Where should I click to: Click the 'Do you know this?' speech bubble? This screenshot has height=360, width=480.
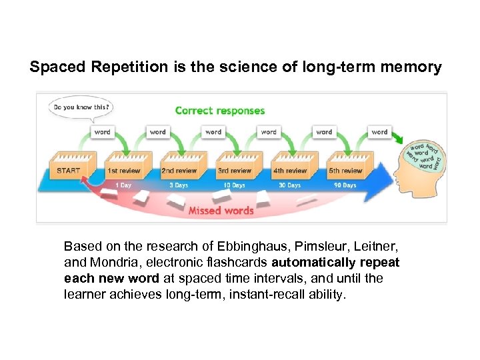pyautogui.click(x=80, y=107)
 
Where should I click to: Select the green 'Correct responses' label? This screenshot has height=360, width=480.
pyautogui.click(x=220, y=111)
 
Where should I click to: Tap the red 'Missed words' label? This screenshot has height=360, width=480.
pyautogui.click(x=221, y=211)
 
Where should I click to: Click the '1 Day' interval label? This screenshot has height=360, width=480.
pyautogui.click(x=123, y=185)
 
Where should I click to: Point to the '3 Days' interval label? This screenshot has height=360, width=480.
pyautogui.click(x=179, y=185)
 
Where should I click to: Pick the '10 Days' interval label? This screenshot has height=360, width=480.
pyautogui.click(x=234, y=185)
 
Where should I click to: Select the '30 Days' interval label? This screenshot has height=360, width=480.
pyautogui.click(x=289, y=185)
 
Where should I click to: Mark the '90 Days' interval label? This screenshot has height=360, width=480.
pyautogui.click(x=345, y=185)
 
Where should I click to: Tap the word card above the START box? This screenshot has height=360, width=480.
pyautogui.click(x=102, y=132)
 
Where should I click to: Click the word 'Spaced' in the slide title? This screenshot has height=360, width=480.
pyautogui.click(x=53, y=67)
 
